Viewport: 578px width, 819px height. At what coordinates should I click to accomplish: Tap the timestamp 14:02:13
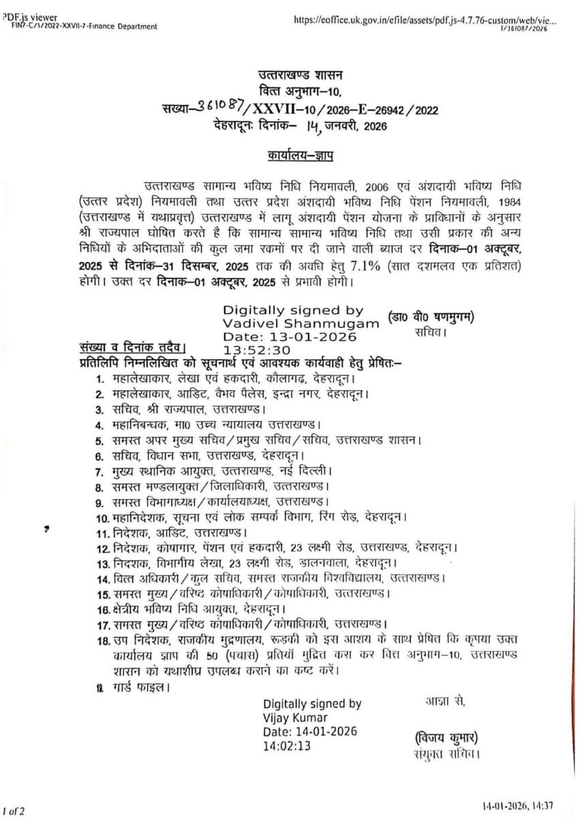[287, 747]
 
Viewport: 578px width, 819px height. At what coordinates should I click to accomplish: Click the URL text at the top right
[425, 20]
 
